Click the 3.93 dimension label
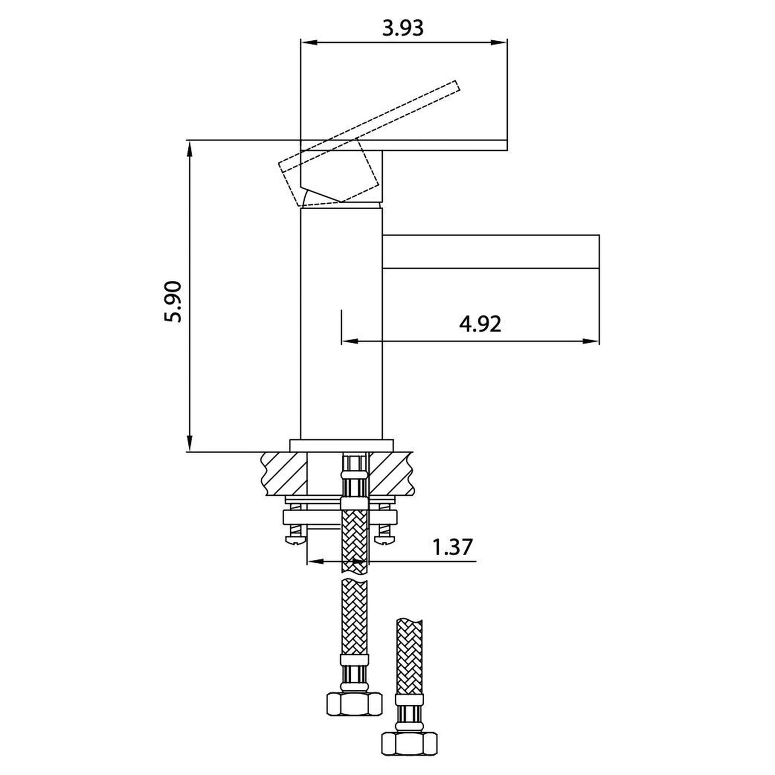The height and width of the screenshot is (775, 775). (x=403, y=28)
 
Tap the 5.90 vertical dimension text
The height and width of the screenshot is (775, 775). (x=173, y=301)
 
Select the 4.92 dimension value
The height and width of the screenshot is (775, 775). (x=480, y=324)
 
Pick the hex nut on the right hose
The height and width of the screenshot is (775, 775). (x=409, y=731)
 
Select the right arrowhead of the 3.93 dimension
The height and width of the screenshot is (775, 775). (x=498, y=42)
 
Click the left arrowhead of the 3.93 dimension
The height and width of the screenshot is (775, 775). (x=309, y=42)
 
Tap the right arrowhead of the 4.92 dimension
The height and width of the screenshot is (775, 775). (x=591, y=342)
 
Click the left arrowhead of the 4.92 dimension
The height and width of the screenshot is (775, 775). (x=350, y=342)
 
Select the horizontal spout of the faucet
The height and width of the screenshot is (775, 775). (x=491, y=251)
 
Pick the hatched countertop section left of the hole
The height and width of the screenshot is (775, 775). (x=284, y=474)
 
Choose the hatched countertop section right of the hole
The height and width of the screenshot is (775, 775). (x=390, y=474)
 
